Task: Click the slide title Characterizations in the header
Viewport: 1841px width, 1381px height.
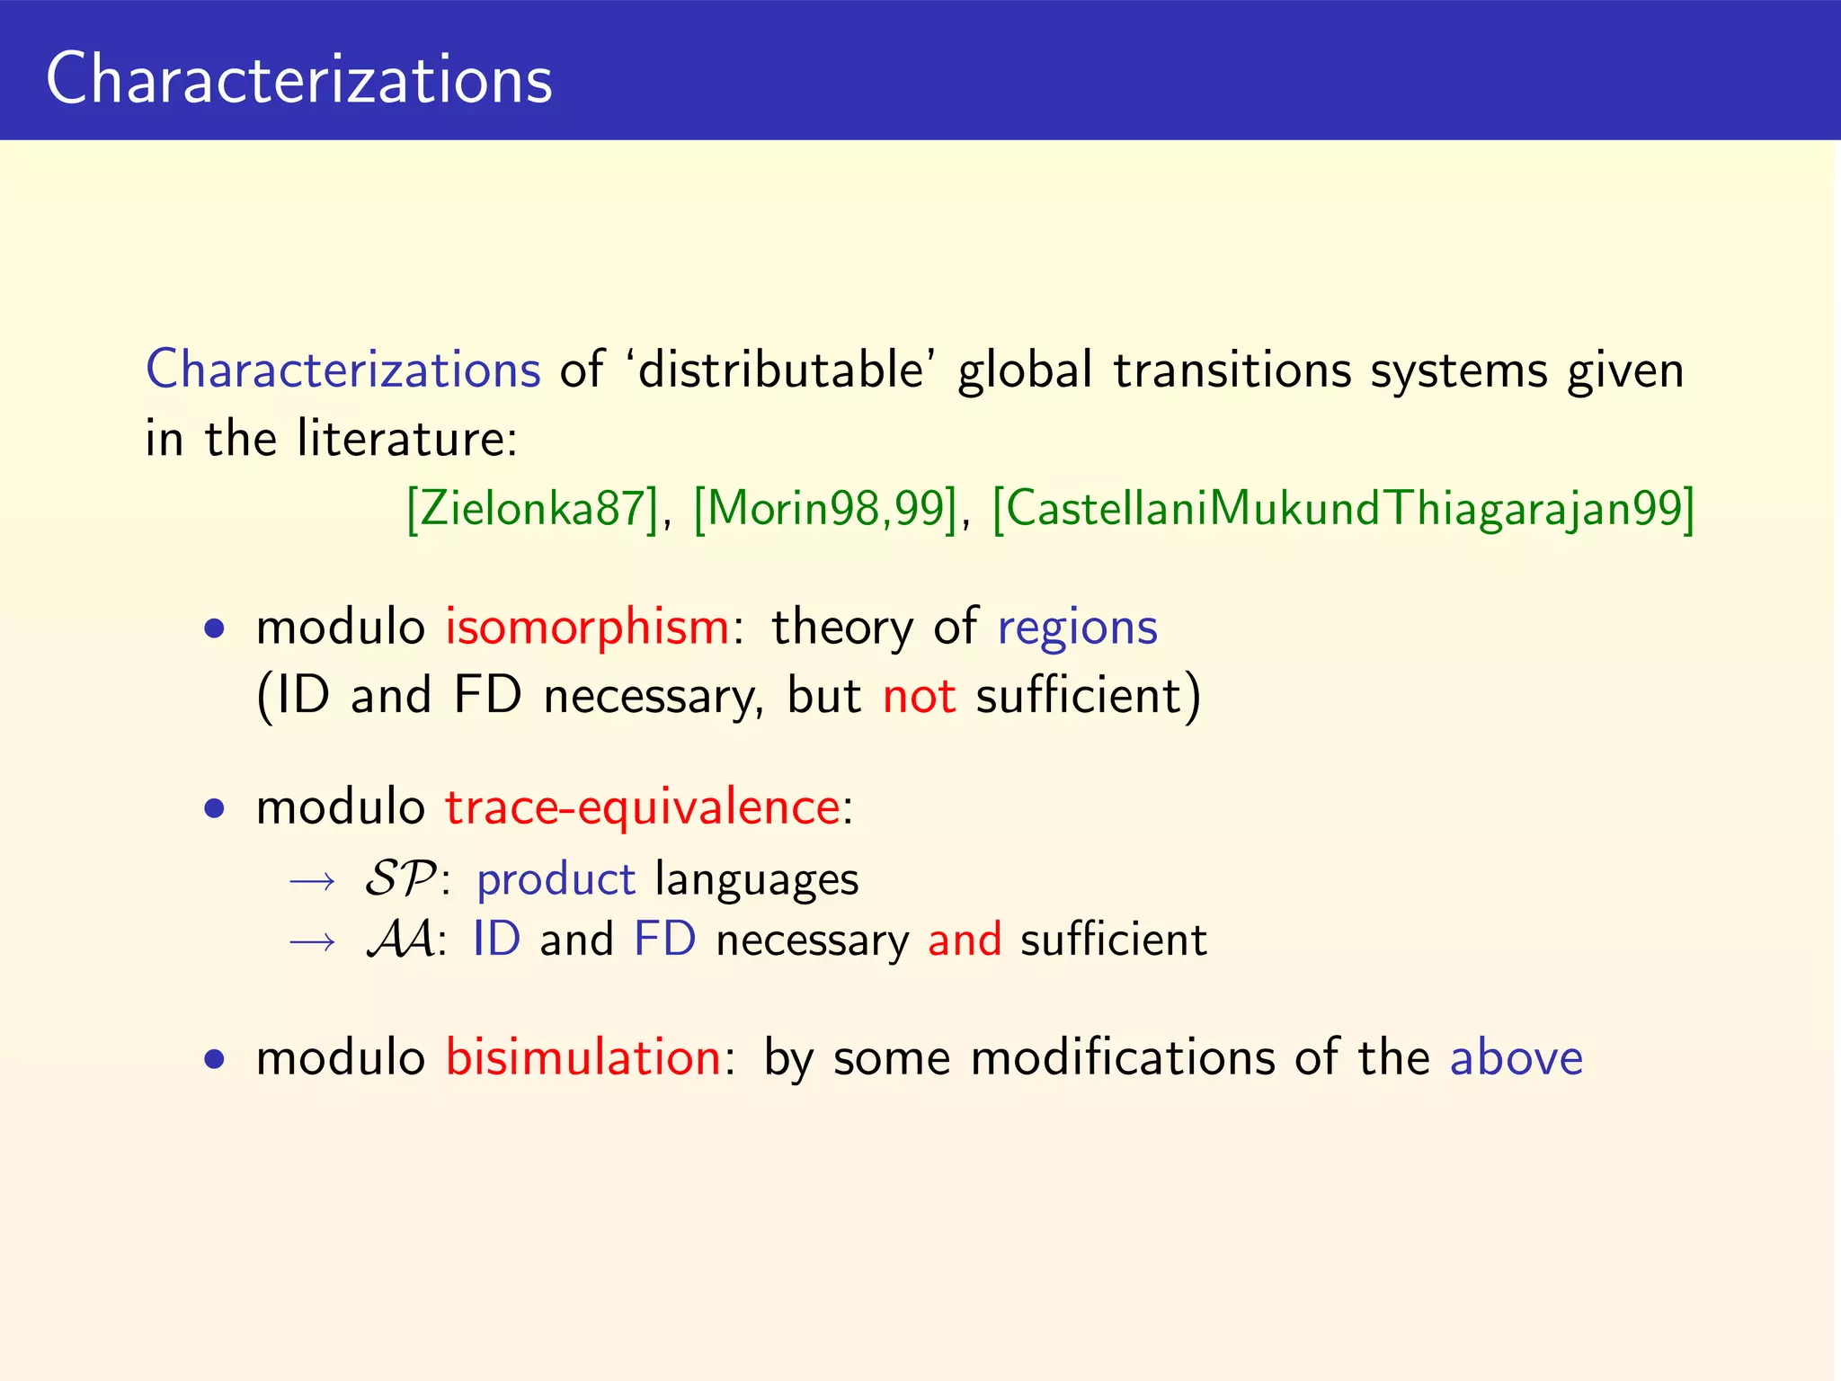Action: [298, 79]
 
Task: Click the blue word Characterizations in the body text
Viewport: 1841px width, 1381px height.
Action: [342, 370]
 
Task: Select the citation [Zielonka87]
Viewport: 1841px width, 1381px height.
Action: [532, 508]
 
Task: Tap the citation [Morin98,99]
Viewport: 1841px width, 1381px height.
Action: [825, 508]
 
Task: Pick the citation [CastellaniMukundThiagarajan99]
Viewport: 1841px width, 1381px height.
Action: [1343, 508]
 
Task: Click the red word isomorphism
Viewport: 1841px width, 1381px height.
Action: [587, 627]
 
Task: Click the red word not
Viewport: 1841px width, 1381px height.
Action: [919, 696]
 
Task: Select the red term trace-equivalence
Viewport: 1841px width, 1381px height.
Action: [643, 806]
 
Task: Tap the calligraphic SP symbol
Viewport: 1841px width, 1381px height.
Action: [400, 878]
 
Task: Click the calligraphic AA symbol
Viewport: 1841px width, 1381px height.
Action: [401, 940]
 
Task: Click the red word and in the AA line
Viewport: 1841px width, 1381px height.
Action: [964, 940]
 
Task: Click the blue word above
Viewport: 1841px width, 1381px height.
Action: [1516, 1057]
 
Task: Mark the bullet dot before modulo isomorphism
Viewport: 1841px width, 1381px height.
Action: [214, 629]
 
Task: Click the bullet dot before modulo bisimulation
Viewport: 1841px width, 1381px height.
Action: [214, 1059]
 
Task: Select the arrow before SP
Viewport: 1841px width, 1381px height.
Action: [312, 881]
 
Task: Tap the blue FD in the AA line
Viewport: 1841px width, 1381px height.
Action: [665, 940]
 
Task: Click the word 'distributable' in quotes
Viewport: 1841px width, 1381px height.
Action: [780, 370]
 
